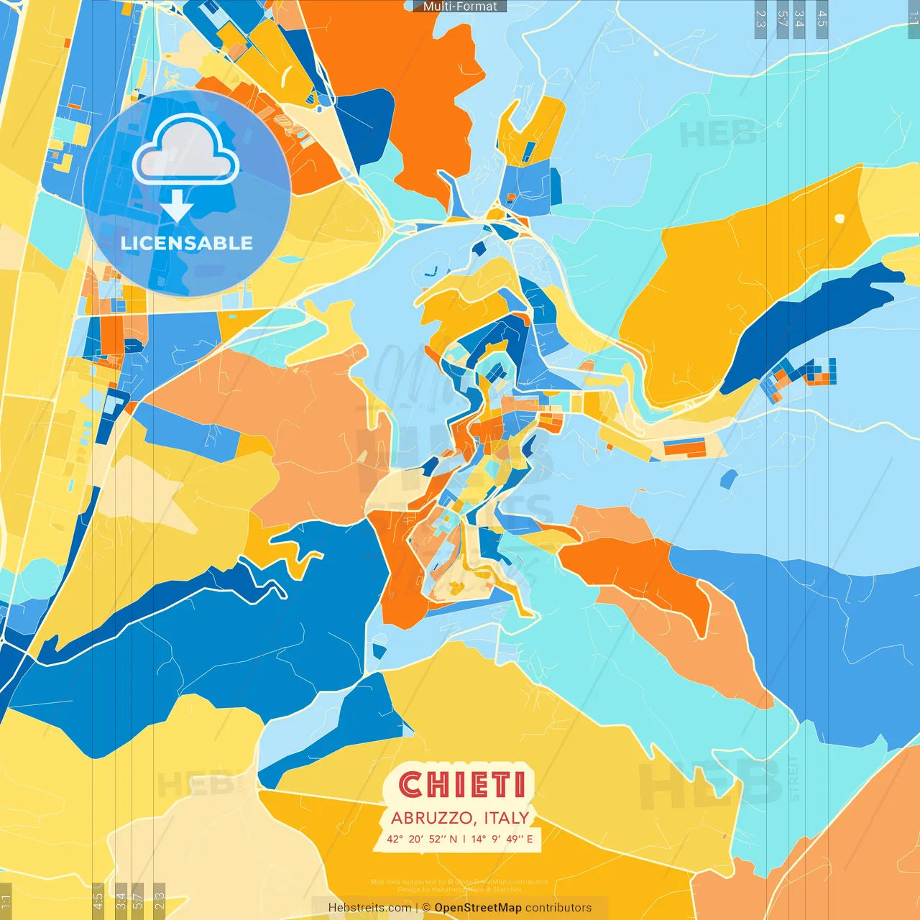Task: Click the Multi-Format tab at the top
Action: [460, 6]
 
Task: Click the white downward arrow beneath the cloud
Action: [177, 205]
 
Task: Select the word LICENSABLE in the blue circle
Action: [186, 243]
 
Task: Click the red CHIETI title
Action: [461, 784]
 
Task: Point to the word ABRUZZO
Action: [433, 818]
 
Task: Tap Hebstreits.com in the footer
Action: [369, 908]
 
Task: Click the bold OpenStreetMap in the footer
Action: [478, 908]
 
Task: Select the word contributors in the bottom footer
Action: [558, 908]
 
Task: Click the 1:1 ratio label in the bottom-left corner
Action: [6, 901]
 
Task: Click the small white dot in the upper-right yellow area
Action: [839, 218]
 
